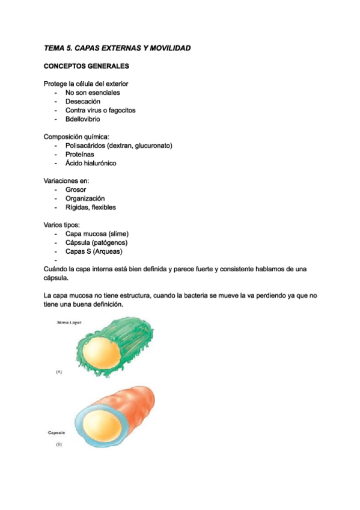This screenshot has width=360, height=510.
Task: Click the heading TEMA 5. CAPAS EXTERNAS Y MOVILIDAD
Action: pos(117,48)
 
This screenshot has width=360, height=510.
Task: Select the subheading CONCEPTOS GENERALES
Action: pos(86,66)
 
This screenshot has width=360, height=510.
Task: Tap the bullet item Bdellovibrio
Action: pos(83,119)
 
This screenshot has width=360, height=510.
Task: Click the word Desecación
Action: pos(83,102)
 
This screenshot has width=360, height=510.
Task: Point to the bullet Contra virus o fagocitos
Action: pos(100,111)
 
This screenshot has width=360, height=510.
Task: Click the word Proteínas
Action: pos(80,154)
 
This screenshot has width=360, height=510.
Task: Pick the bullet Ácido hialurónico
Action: pos(91,163)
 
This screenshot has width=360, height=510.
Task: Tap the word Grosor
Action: pos(76,189)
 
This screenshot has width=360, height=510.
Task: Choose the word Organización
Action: pos(85,198)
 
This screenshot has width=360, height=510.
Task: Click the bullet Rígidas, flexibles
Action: pos(91,207)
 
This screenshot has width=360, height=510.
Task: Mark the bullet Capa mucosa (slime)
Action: pos(97,234)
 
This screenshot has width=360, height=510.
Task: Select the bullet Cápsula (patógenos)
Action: pos(96,242)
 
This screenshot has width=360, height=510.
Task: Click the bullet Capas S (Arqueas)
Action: pos(94,251)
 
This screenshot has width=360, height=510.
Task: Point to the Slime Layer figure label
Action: pos(69,323)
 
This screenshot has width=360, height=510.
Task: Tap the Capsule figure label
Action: pos(58,432)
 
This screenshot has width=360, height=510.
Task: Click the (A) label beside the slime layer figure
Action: pos(59,372)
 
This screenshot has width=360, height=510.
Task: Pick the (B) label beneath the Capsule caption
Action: pos(59,444)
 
